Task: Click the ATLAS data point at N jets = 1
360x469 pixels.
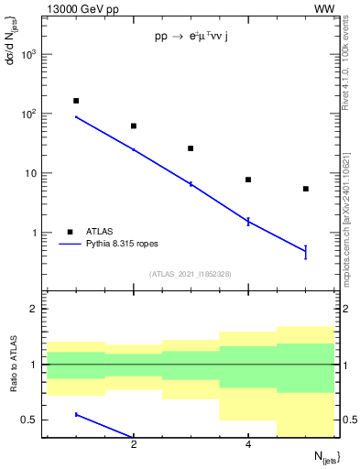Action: [x=76, y=101]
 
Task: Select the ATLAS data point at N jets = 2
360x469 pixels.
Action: [x=134, y=125]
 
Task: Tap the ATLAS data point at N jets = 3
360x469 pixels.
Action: [x=191, y=148]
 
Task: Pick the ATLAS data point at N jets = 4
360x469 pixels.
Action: [x=248, y=180]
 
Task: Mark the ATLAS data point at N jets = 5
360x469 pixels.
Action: [x=306, y=189]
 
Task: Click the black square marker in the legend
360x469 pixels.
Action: [x=71, y=232]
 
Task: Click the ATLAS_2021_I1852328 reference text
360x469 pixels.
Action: [x=191, y=274]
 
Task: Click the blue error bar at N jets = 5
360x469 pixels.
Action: [x=306, y=252]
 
